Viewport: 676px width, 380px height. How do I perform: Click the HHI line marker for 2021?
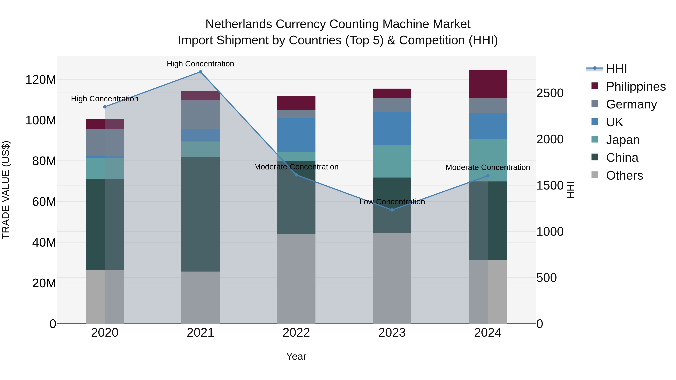click(201, 72)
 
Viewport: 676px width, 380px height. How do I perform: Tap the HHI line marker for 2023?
click(392, 210)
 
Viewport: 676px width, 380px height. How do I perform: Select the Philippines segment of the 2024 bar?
click(488, 84)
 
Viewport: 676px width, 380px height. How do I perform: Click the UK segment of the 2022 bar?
click(296, 135)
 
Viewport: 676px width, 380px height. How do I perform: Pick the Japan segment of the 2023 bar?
click(392, 161)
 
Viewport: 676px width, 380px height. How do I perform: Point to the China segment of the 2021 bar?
click(201, 214)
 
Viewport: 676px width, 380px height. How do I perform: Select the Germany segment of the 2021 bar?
click(201, 115)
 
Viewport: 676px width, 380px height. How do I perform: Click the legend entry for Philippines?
click(636, 87)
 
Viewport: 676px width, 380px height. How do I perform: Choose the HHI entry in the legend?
click(616, 69)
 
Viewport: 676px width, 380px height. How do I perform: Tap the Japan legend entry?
click(622, 140)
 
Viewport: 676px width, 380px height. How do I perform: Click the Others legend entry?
click(624, 175)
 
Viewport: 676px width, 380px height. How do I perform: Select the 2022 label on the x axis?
click(296, 333)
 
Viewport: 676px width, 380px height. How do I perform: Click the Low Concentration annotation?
click(392, 202)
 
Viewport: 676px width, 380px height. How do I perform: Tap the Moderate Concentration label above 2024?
click(488, 167)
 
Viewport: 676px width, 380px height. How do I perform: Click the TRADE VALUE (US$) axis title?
click(6, 190)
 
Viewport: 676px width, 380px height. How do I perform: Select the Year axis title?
click(296, 356)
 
